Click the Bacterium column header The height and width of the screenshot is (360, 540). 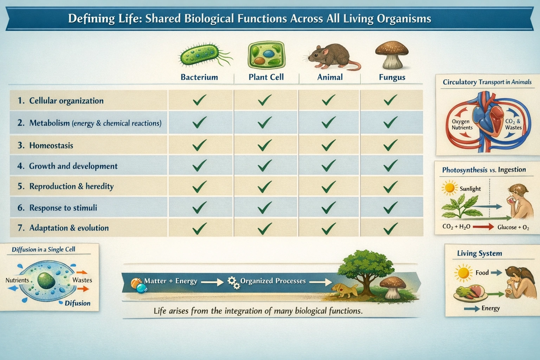coord(199,77)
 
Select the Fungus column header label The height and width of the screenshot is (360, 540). coord(392,77)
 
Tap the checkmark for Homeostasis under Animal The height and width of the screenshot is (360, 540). coord(328,145)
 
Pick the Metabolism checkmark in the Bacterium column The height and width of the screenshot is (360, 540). coord(200,122)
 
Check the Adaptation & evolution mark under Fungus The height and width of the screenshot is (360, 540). coord(391,229)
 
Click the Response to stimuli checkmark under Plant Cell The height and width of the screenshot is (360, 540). coord(265,208)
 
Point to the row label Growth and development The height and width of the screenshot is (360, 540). coord(73,166)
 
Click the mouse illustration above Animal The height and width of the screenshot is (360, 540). coord(332,57)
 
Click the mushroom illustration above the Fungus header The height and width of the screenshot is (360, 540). coord(392,55)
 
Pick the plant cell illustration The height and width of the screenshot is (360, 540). coord(266,55)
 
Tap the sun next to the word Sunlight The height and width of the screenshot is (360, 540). coord(450,188)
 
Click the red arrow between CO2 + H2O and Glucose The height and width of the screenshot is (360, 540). coord(483,227)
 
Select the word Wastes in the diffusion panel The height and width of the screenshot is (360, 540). coord(82,280)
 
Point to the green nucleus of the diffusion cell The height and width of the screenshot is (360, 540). coord(46,281)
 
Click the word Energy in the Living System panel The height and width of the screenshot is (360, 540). coord(490,308)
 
